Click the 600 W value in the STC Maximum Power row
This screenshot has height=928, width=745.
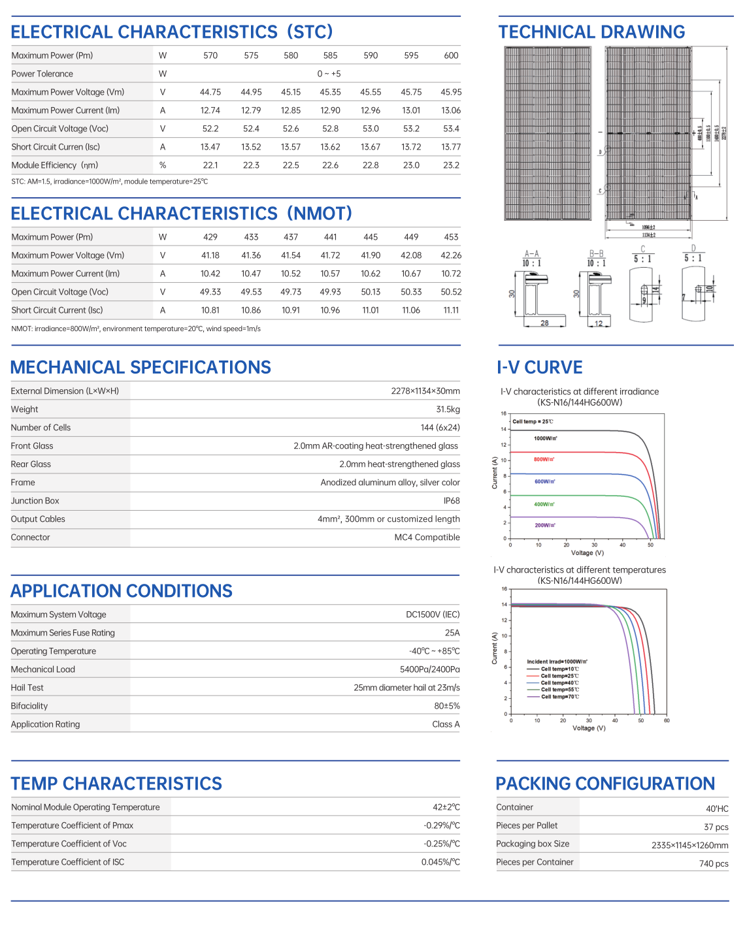(x=451, y=56)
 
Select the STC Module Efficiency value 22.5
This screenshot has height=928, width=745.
(x=291, y=165)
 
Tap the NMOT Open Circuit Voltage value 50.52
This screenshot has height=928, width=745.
(x=451, y=292)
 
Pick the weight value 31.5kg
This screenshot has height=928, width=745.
(x=448, y=409)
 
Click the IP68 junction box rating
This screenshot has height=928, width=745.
(x=452, y=501)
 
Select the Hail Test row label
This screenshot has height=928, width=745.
(x=27, y=688)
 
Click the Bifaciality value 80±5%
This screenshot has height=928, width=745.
(x=447, y=706)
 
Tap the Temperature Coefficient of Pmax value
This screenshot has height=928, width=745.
(x=442, y=825)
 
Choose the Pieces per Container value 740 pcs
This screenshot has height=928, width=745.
(x=714, y=863)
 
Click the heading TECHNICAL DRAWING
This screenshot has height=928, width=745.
(x=591, y=32)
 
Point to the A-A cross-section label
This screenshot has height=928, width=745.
(x=531, y=253)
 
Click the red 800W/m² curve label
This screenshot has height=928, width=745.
(x=544, y=460)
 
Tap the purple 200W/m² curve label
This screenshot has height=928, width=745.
(x=545, y=525)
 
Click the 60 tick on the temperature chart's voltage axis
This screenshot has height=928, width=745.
(x=667, y=721)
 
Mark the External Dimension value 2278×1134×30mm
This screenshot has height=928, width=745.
(x=425, y=391)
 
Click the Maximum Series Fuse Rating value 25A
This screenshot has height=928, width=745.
(x=452, y=633)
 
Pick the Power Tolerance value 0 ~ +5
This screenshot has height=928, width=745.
(x=329, y=74)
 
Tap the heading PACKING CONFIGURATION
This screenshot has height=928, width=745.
(x=605, y=784)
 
